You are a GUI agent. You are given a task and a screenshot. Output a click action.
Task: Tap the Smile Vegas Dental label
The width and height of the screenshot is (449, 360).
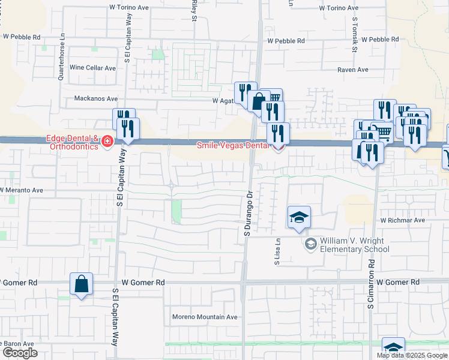pyautogui.click(x=235, y=145)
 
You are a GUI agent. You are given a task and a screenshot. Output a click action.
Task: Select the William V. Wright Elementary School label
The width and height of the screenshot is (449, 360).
pyautogui.click(x=355, y=244)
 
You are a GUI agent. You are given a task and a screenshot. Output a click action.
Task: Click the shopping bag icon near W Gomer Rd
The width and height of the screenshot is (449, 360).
pyautogui.click(x=82, y=284)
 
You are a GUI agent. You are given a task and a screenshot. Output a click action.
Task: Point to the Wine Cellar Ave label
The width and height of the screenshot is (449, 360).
pyautogui.click(x=93, y=68)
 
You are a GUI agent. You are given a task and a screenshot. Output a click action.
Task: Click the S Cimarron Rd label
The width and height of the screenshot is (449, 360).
pyautogui.click(x=372, y=285)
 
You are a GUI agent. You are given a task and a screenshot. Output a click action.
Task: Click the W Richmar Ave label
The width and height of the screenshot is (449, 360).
pyautogui.click(x=402, y=220)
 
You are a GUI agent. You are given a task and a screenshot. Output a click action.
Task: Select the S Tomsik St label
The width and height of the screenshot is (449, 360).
pyautogui.click(x=355, y=34)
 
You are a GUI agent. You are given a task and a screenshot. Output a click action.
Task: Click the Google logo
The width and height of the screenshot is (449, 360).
pyautogui.click(x=20, y=353)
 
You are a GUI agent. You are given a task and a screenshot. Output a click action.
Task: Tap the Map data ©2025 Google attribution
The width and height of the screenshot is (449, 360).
pyautogui.click(x=412, y=355)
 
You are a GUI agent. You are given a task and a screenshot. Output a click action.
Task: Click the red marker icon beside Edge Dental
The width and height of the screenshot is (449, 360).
pyautogui.click(x=107, y=142)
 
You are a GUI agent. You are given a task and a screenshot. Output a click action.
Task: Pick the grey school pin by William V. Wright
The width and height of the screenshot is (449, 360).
pyautogui.click(x=310, y=243)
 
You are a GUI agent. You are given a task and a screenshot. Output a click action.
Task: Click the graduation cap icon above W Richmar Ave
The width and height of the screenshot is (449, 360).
pyautogui.click(x=299, y=217)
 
